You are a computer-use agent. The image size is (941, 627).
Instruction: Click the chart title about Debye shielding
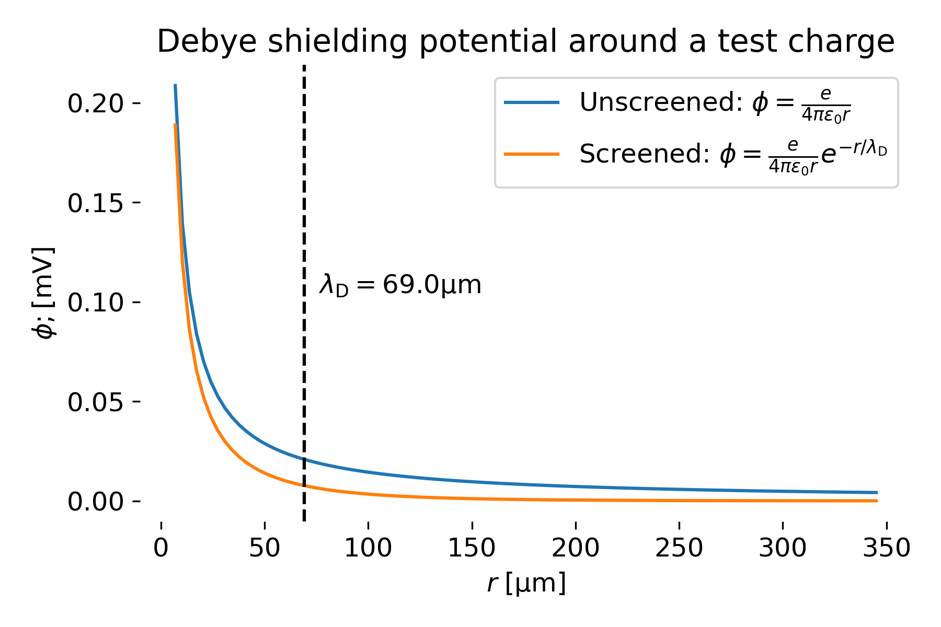pyautogui.click(x=525, y=42)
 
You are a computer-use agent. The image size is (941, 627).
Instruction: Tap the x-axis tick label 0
pyautogui.click(x=161, y=548)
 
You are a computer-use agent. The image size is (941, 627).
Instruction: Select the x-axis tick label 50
pyautogui.click(x=265, y=548)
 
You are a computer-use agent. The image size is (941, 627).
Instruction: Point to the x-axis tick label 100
pyautogui.click(x=368, y=548)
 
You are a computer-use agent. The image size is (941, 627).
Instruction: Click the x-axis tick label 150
pyautogui.click(x=472, y=548)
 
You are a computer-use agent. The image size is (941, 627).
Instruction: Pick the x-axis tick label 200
pyautogui.click(x=575, y=548)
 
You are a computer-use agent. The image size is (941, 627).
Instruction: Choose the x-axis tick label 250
pyautogui.click(x=679, y=548)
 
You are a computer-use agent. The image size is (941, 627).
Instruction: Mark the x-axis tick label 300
pyautogui.click(x=782, y=548)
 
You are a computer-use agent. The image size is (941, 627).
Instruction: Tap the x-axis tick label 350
pyautogui.click(x=886, y=548)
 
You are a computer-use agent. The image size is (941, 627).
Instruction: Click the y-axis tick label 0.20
pyautogui.click(x=96, y=103)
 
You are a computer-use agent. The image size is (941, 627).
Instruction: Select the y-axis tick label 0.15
pyautogui.click(x=96, y=203)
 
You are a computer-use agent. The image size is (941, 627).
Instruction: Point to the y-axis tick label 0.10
pyautogui.click(x=96, y=303)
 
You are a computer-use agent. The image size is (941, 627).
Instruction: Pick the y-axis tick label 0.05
pyautogui.click(x=96, y=402)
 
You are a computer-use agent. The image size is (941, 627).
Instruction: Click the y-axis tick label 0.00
pyautogui.click(x=96, y=502)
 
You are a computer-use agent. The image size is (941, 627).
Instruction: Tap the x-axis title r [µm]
pyautogui.click(x=526, y=583)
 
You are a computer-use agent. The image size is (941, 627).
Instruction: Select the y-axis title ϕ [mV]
pyautogui.click(x=44, y=293)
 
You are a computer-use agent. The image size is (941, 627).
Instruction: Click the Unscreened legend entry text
pyautogui.click(x=716, y=103)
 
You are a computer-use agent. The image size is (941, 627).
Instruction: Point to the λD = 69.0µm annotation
pyautogui.click(x=400, y=285)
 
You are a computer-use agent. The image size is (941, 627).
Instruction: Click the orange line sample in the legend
pyautogui.click(x=532, y=154)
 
